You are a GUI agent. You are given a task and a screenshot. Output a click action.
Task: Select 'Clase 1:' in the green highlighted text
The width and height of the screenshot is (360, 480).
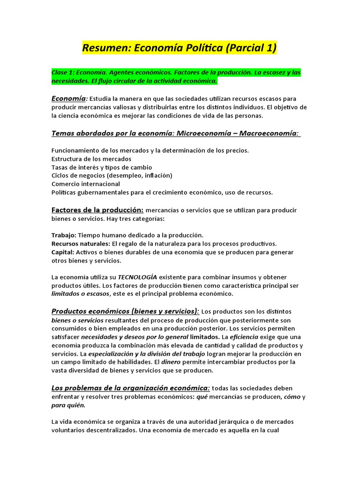(x=62, y=73)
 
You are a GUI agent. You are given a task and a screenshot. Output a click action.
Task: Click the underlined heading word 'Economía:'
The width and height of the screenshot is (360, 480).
(x=69, y=98)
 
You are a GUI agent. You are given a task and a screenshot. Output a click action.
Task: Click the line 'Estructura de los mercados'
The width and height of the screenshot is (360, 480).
(x=91, y=159)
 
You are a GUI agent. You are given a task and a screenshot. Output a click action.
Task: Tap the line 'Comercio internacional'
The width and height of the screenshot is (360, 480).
(x=86, y=184)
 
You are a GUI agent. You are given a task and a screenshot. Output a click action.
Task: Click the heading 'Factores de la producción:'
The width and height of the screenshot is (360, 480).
(x=97, y=210)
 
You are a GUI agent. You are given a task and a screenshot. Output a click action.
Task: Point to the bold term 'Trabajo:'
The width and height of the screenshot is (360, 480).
(x=64, y=235)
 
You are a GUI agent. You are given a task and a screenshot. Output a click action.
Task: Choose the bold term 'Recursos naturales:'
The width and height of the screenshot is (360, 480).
(x=81, y=244)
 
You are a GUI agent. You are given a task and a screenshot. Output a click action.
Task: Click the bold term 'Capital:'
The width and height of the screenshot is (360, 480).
(x=63, y=252)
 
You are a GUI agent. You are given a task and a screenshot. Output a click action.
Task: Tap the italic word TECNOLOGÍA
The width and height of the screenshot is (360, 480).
(x=137, y=277)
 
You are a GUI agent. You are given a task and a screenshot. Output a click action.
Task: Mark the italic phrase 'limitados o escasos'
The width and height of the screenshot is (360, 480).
(x=80, y=294)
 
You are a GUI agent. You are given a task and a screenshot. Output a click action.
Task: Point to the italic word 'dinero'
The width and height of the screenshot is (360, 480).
(x=171, y=362)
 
